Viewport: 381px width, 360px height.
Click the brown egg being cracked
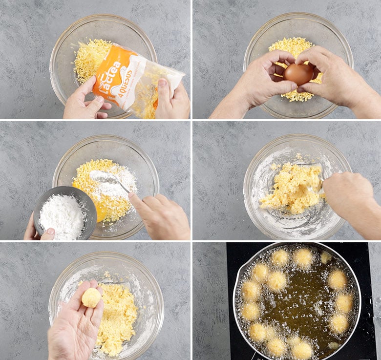(x=298, y=73)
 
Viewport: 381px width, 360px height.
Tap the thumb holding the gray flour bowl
(x=48, y=234)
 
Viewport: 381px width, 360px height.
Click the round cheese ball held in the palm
(x=91, y=297)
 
